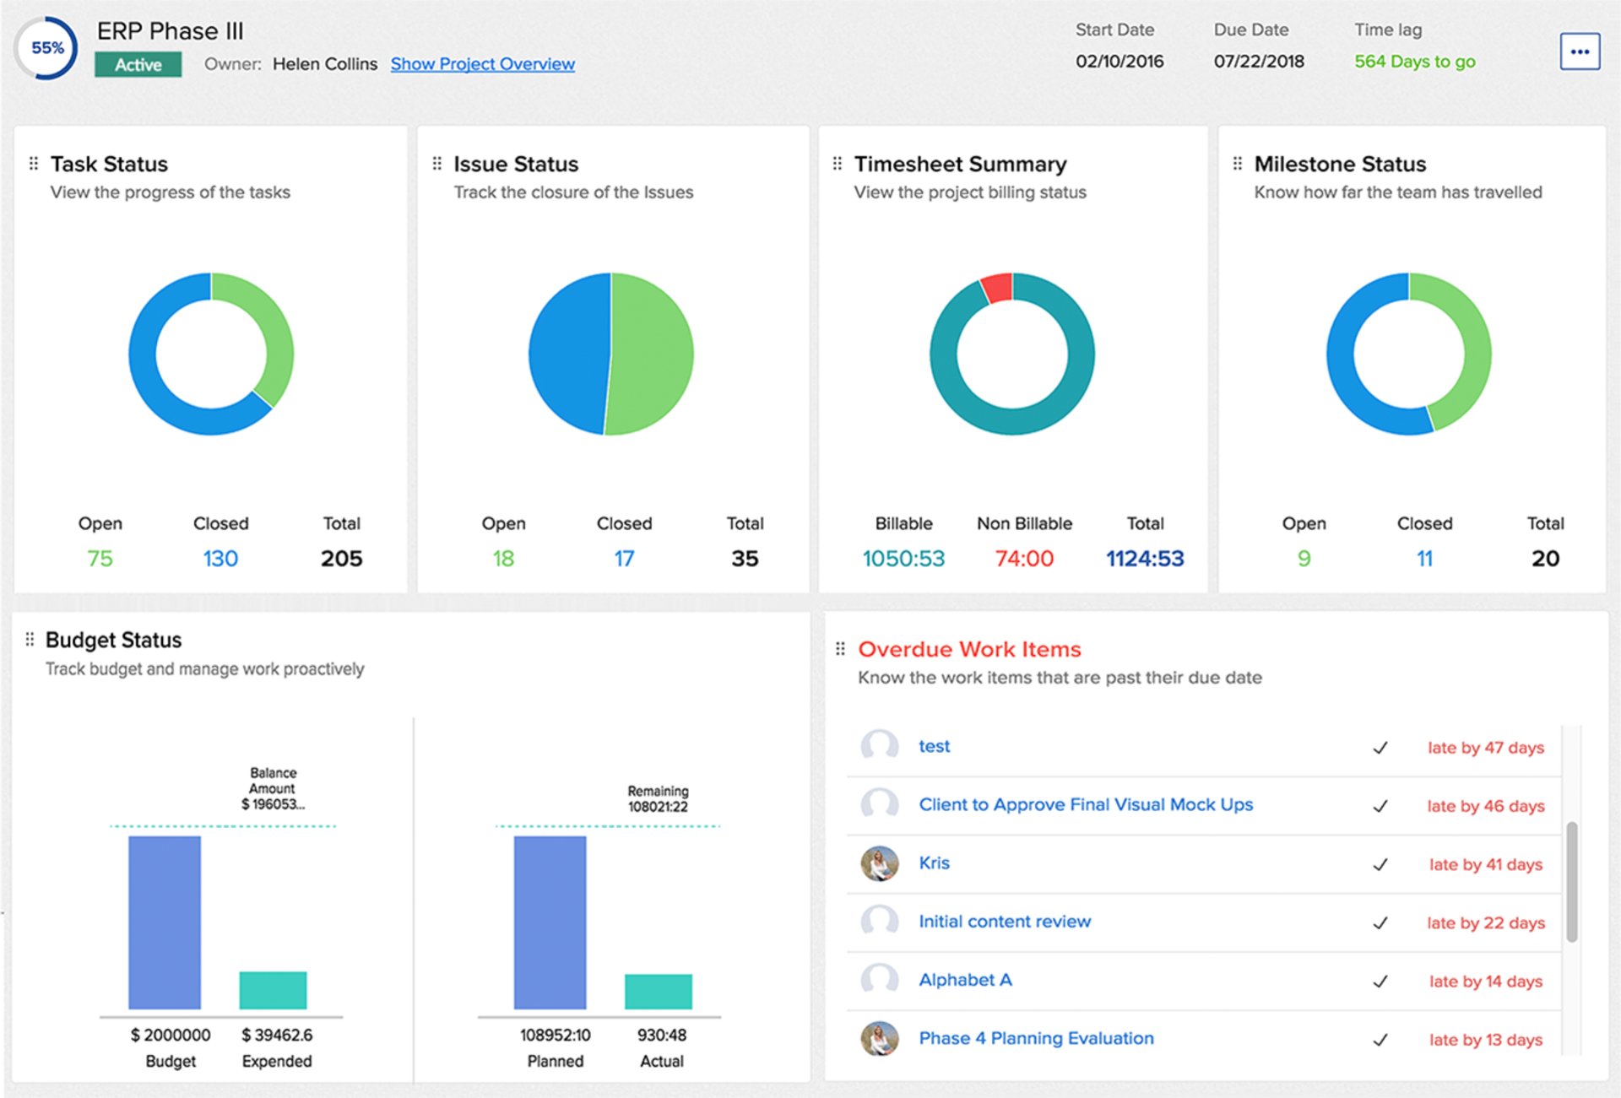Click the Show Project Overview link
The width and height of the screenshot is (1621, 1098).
(x=482, y=64)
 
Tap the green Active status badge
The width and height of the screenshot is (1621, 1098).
(x=138, y=65)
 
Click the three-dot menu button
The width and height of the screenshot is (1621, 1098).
(x=1579, y=51)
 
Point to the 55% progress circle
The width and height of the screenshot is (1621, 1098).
(x=47, y=48)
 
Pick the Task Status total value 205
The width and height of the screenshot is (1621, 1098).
(x=341, y=559)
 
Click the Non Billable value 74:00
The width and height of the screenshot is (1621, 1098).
(x=1024, y=559)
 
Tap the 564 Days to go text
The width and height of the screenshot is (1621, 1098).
(x=1414, y=62)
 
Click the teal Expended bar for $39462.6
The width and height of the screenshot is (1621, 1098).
(x=273, y=990)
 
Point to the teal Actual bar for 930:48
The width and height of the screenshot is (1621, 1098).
(x=658, y=992)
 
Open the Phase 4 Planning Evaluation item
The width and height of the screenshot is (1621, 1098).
(x=1036, y=1039)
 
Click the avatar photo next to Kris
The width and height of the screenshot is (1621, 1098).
(x=879, y=863)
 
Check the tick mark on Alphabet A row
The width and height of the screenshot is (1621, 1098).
(x=1380, y=982)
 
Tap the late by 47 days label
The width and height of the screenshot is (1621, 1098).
(x=1485, y=748)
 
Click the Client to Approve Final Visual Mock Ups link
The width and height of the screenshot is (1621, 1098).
(x=1086, y=805)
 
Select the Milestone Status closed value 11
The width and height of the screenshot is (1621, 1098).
(x=1424, y=559)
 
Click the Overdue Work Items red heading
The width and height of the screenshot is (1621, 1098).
(x=969, y=649)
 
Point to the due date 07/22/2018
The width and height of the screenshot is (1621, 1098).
(x=1258, y=62)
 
